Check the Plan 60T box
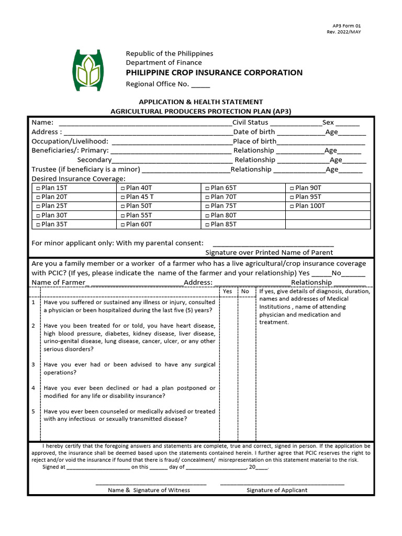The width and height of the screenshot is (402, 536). tap(122, 225)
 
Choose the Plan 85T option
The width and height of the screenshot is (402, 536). tap(207, 225)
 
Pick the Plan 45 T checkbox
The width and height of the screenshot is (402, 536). tap(122, 197)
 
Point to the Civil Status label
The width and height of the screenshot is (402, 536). tap(250, 122)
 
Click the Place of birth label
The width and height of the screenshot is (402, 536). tap(254, 141)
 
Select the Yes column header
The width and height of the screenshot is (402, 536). tap(228, 291)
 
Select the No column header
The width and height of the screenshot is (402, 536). tap(245, 291)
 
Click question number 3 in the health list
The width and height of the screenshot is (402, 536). tap(33, 364)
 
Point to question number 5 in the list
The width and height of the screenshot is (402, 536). tap(33, 411)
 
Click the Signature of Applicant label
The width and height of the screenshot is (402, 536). tap(277, 490)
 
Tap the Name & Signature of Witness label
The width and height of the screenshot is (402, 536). tap(149, 490)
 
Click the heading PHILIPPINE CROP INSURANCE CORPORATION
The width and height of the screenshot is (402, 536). tap(214, 73)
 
